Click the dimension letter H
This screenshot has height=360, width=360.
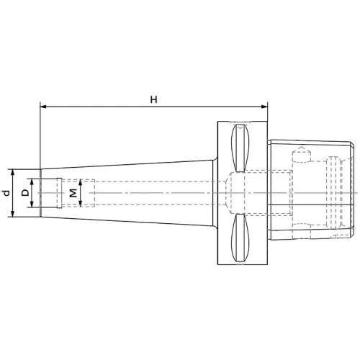[153, 99]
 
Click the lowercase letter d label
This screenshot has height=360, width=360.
[6, 193]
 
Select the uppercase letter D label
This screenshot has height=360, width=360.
[25, 193]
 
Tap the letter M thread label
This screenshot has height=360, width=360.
[73, 193]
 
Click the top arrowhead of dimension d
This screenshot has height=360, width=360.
[14, 172]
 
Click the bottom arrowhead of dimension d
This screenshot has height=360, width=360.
[14, 215]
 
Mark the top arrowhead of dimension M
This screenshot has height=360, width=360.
[80, 181]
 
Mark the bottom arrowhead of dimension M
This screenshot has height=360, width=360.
[80, 205]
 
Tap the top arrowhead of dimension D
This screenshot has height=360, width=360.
[33, 179]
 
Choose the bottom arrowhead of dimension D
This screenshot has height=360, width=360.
[33, 207]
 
